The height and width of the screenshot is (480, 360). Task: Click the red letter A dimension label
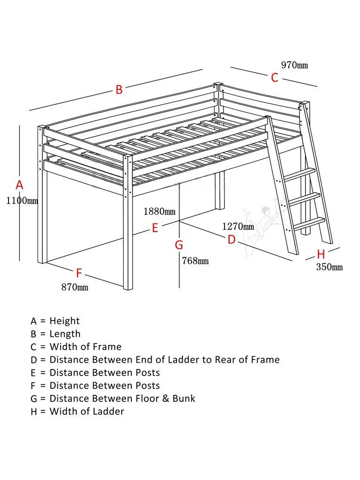pyautogui.click(x=19, y=185)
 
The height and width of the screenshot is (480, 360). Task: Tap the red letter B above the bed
pyautogui.click(x=119, y=89)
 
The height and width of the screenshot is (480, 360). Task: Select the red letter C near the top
pyautogui.click(x=275, y=78)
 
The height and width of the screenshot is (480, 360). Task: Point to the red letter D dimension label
pyautogui.click(x=232, y=240)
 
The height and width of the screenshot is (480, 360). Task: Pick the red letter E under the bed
pyautogui.click(x=154, y=228)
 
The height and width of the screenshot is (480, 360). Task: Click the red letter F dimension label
pyautogui.click(x=79, y=273)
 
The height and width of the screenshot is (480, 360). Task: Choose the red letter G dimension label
pyautogui.click(x=179, y=245)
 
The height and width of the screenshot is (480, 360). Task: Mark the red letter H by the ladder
pyautogui.click(x=321, y=255)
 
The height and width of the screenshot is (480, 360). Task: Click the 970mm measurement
pyautogui.click(x=294, y=65)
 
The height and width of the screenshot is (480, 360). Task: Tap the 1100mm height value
pyautogui.click(x=22, y=201)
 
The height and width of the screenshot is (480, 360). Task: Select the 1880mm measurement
pyautogui.click(x=160, y=211)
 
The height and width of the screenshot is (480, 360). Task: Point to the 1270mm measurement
pyautogui.click(x=238, y=226)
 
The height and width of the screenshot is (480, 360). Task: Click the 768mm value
pyautogui.click(x=195, y=261)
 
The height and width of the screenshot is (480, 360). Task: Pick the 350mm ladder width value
pyautogui.click(x=329, y=267)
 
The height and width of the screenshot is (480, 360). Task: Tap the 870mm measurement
pyautogui.click(x=74, y=287)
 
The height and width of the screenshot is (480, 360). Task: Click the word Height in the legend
pyautogui.click(x=64, y=321)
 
